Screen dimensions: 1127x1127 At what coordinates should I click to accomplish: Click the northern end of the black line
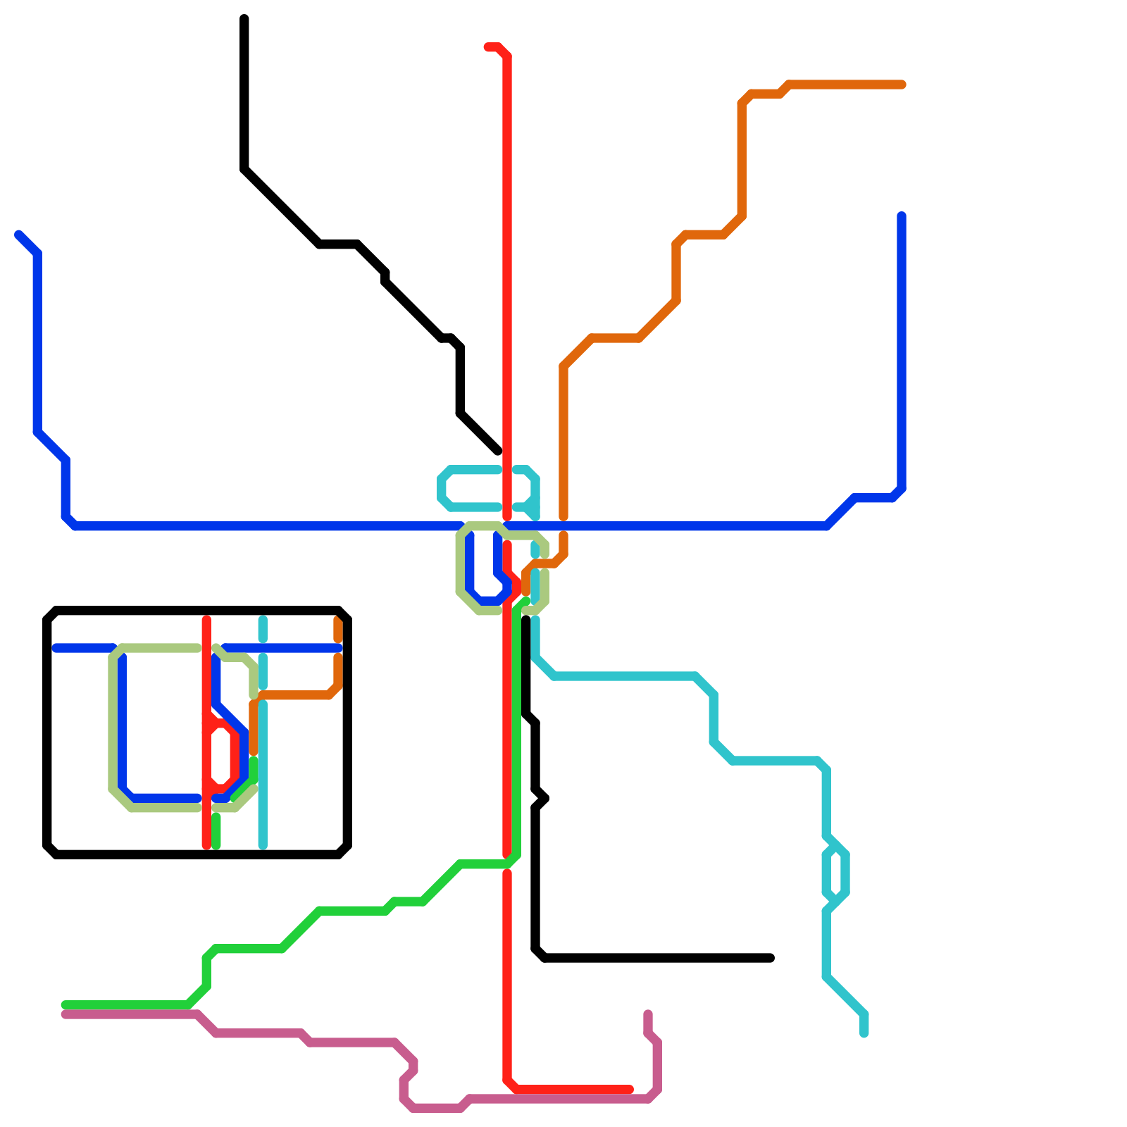[244, 18]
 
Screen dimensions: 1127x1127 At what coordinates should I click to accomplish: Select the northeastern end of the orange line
[902, 85]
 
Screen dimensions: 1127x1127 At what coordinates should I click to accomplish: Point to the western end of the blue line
[18, 234]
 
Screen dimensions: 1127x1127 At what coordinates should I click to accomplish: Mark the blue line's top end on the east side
[902, 216]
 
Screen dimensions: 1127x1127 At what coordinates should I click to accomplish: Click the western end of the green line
[65, 1005]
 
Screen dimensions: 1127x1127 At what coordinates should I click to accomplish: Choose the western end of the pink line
[65, 1015]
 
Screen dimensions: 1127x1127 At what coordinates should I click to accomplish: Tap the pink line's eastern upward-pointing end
[648, 1014]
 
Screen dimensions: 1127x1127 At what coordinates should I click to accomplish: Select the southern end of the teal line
[864, 1033]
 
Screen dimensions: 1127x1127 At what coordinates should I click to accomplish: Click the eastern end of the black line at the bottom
[771, 958]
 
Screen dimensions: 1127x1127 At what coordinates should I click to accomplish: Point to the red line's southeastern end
[630, 1090]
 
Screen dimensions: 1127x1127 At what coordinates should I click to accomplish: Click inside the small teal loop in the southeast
[836, 874]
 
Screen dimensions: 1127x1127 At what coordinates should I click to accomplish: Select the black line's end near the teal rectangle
[498, 451]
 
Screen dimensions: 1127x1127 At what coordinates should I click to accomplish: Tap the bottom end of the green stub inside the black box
[216, 845]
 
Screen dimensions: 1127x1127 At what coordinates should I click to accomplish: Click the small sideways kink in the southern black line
[544, 798]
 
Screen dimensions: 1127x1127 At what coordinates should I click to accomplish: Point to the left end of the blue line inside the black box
[56, 648]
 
